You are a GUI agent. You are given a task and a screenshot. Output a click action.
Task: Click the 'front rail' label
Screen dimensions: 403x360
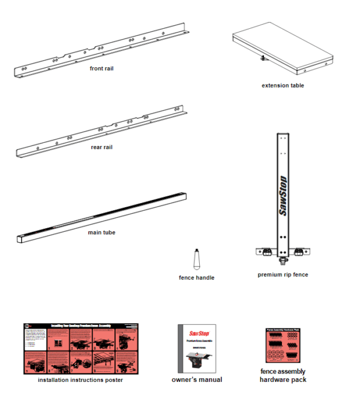pos(101,68)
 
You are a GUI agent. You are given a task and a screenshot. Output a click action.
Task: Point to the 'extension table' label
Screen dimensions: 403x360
pos(283,85)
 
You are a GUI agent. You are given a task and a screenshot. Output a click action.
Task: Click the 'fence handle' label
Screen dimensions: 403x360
pos(196,277)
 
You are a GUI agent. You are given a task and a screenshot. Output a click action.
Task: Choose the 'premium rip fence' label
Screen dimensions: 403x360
pos(283,275)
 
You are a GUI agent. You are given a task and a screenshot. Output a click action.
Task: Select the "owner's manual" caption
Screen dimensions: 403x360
pos(197,380)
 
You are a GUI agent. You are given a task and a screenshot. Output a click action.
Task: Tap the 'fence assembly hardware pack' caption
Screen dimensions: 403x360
pos(283,376)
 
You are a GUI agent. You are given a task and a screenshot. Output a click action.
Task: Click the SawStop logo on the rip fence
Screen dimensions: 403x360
pos(283,195)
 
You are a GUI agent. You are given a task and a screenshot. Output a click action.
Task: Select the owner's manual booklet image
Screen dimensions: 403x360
pos(197,348)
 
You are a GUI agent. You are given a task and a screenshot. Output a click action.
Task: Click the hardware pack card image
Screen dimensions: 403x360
pos(283,345)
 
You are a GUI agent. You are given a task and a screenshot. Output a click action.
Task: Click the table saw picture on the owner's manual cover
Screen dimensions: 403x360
pos(197,359)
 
